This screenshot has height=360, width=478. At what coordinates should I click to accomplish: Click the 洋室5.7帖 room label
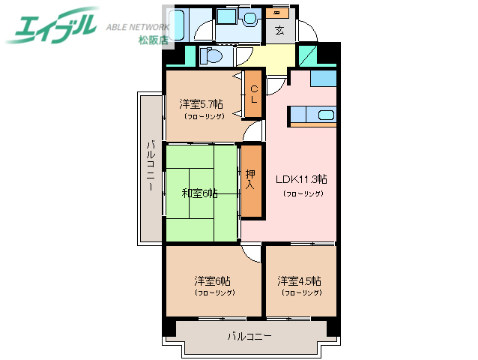[201, 103]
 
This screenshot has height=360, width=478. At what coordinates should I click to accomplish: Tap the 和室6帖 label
[199, 193]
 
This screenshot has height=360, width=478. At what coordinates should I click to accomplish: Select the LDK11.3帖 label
[301, 179]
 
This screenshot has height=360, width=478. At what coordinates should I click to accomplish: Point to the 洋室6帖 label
[212, 280]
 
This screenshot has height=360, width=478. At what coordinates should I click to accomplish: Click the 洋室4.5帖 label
[300, 280]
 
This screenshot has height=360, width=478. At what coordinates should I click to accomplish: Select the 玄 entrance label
[279, 31]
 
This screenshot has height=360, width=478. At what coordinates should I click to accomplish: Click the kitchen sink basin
[325, 115]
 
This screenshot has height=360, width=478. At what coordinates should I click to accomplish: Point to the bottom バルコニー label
[249, 336]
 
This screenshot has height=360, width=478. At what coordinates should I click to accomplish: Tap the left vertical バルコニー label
[151, 166]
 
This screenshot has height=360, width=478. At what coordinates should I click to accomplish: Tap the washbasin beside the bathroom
[248, 17]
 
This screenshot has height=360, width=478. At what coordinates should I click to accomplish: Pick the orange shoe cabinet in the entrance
[278, 13]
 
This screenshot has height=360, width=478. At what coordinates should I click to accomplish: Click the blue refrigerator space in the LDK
[323, 77]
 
